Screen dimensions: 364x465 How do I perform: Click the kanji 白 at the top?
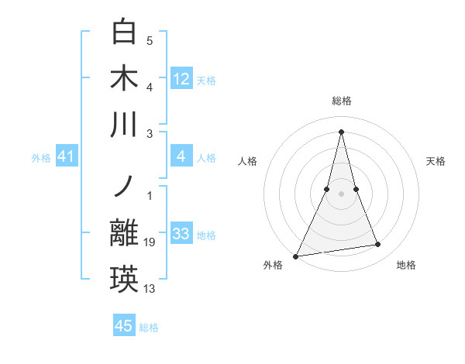[125, 33]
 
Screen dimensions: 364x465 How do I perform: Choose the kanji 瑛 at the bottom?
[125, 280]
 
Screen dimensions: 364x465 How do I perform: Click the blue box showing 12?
[181, 78]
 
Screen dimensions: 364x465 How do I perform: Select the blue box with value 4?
[181, 157]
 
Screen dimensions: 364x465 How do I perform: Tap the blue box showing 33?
[181, 234]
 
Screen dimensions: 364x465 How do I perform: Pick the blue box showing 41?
[67, 157]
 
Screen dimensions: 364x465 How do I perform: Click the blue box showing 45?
[124, 326]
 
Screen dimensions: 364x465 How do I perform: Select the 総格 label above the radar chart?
[341, 101]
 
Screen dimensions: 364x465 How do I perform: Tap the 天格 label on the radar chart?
[436, 161]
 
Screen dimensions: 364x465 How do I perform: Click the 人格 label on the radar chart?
[247, 161]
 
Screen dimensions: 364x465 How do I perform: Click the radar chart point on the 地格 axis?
[378, 245]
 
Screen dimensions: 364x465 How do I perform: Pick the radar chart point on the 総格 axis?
[341, 131]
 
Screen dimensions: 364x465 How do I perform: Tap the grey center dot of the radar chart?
[341, 194]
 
